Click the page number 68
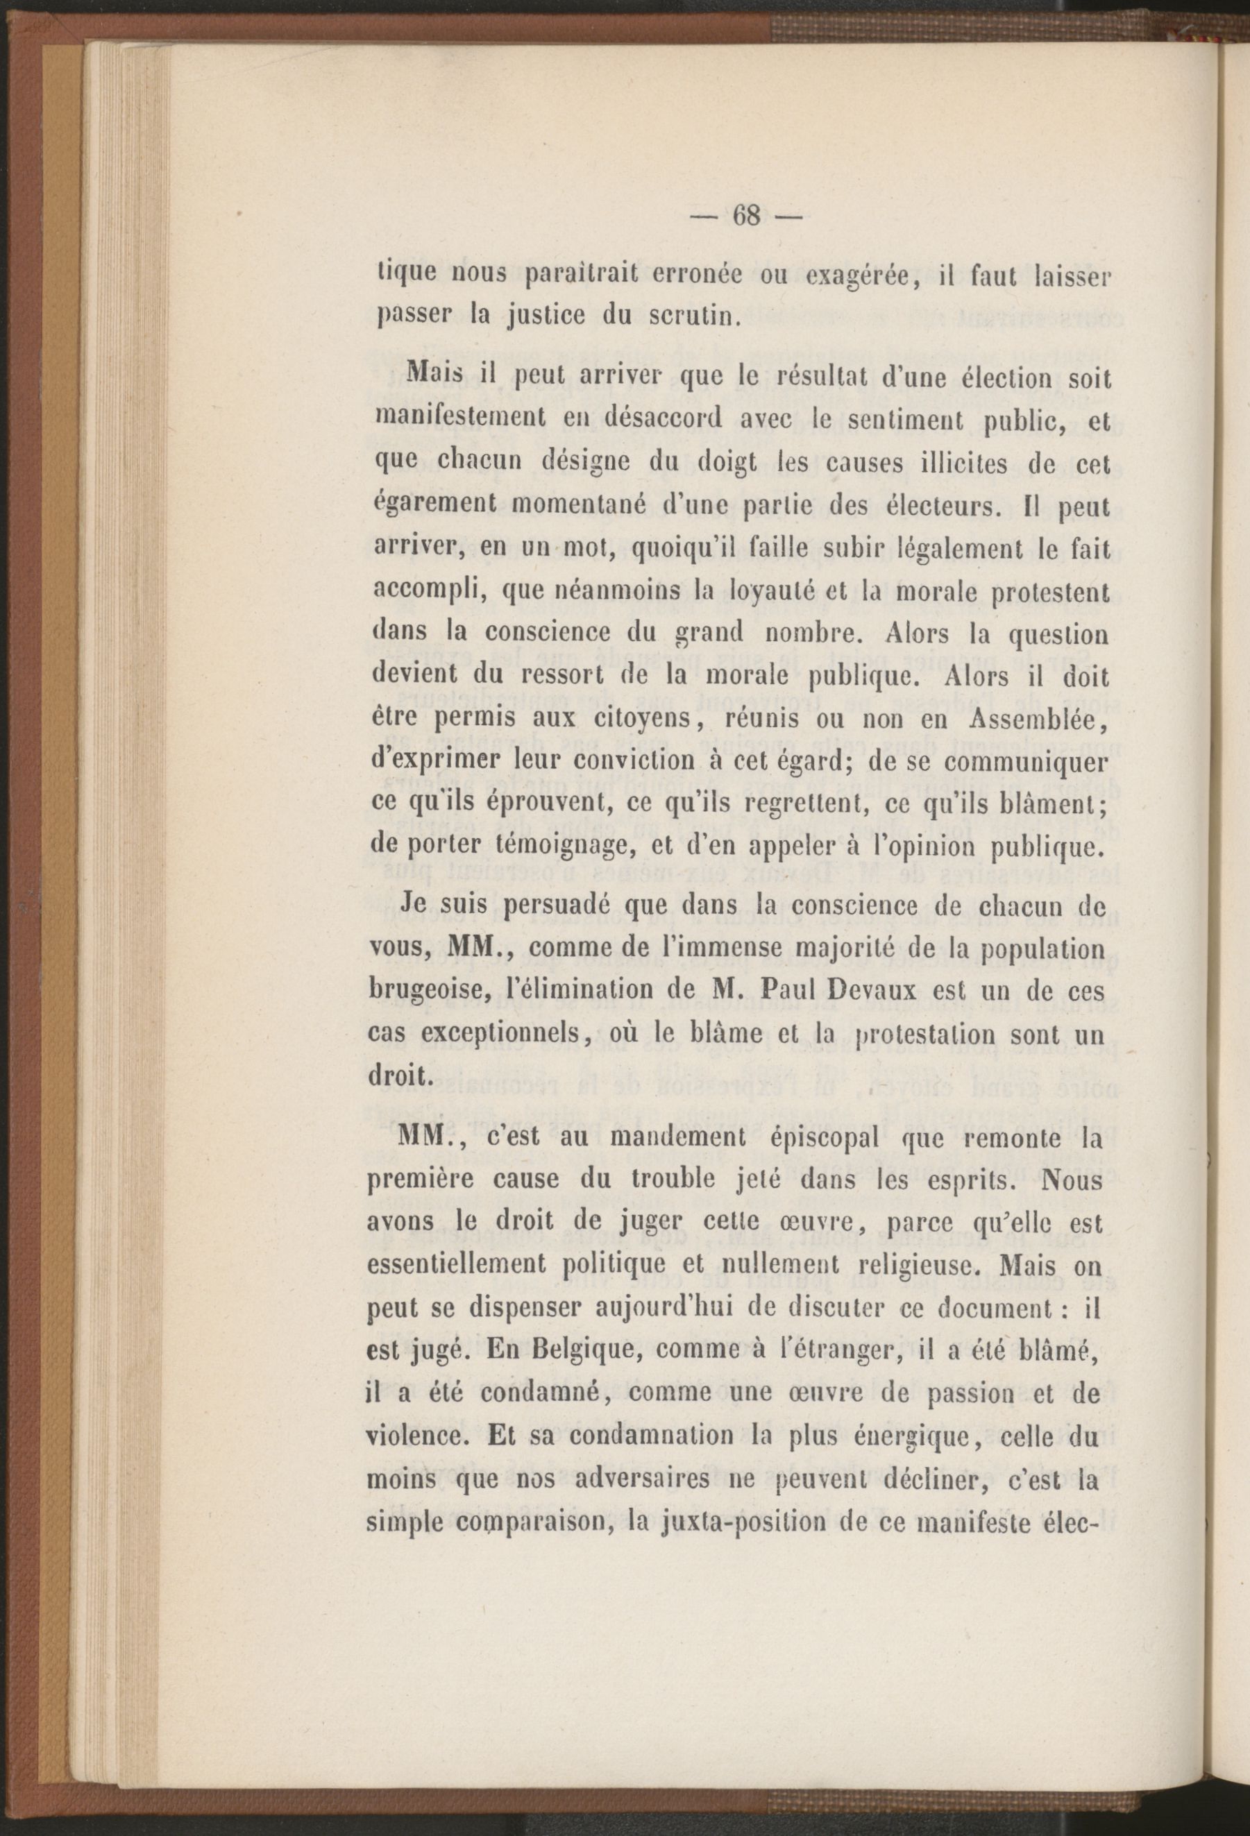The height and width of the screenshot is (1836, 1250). pyautogui.click(x=746, y=216)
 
